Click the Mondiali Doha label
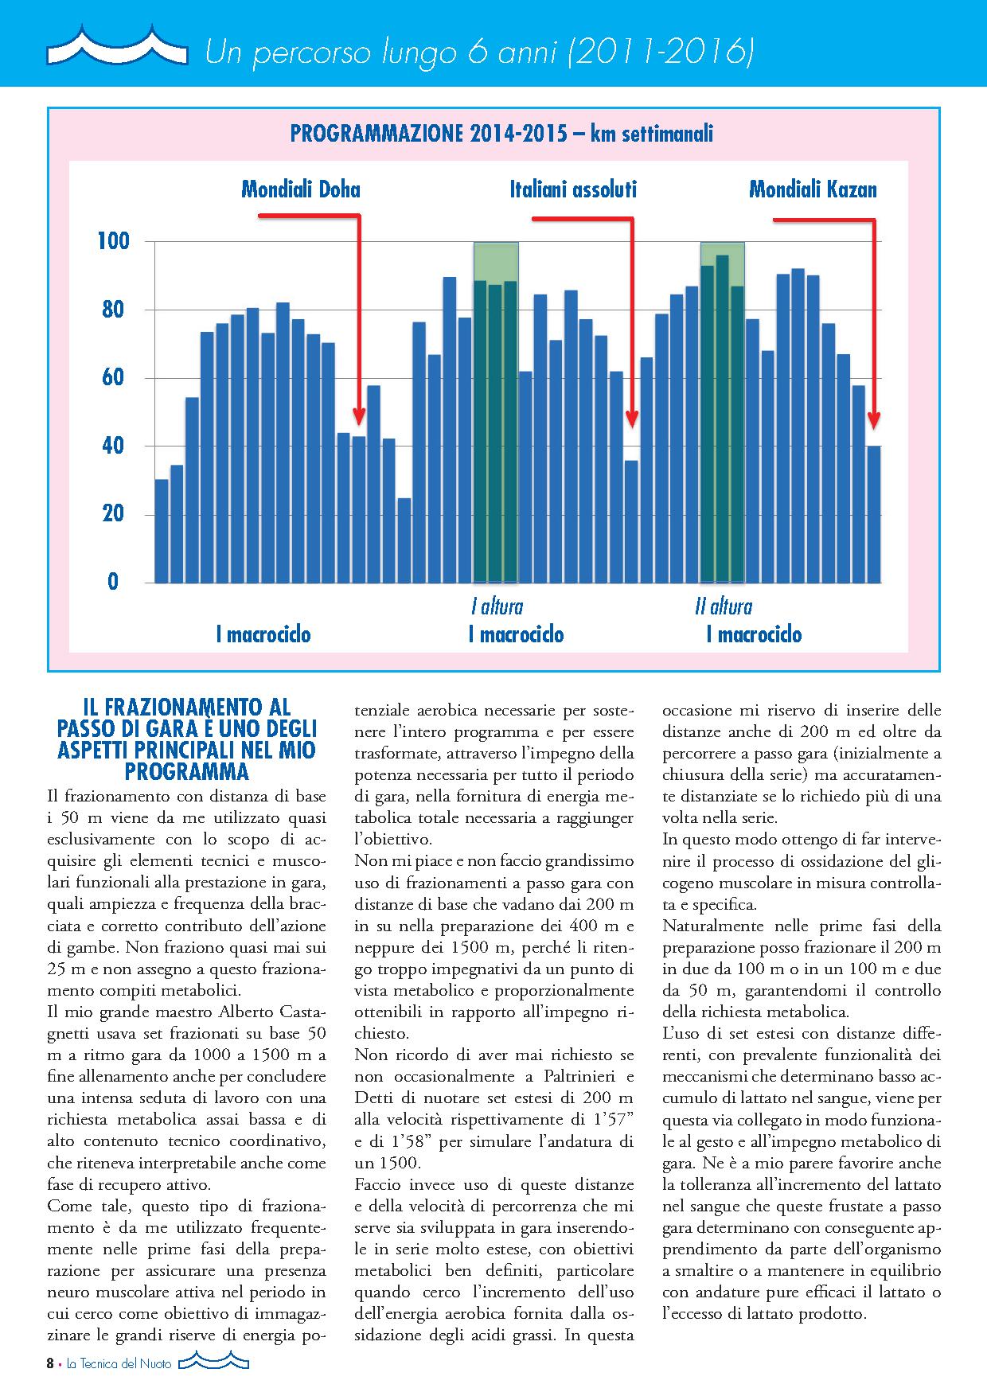point(300,189)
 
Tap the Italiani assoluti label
point(573,189)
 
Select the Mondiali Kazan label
point(813,189)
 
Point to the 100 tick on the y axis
point(113,241)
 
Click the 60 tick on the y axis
point(113,377)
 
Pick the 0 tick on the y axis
point(113,582)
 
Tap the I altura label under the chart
point(497,606)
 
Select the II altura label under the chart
point(723,606)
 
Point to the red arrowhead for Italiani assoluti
point(632,419)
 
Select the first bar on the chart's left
point(162,531)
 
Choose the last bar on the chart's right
point(874,514)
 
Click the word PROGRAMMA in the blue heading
point(187,771)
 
